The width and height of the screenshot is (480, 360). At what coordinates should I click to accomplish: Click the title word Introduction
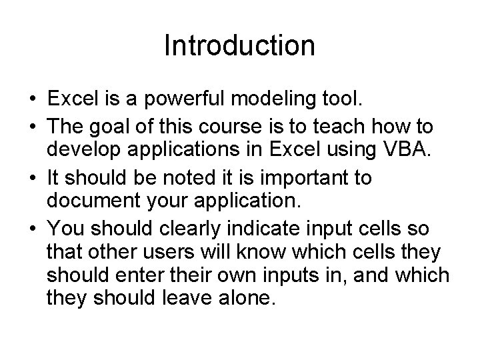pos(239,46)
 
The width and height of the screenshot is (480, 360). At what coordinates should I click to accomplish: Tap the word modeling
pos(265,100)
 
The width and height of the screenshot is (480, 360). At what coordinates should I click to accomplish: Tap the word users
pos(165,253)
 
